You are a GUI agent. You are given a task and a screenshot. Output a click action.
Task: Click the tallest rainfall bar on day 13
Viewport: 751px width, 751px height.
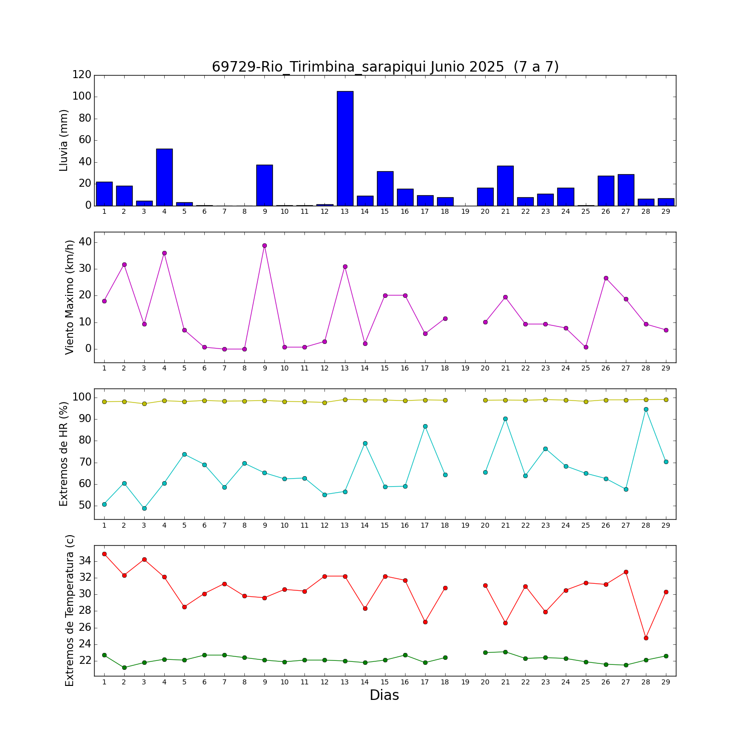[x=345, y=148]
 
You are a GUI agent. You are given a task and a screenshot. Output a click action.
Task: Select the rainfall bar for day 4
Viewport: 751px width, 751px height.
[x=164, y=177]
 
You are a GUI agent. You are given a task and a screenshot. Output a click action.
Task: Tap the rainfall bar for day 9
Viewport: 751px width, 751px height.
[x=264, y=185]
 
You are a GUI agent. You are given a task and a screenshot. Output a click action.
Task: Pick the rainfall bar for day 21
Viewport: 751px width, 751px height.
[x=505, y=186]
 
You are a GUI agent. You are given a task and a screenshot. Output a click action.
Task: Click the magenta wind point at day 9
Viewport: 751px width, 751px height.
[x=264, y=245]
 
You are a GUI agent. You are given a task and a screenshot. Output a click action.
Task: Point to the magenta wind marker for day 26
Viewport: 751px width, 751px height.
[x=606, y=278]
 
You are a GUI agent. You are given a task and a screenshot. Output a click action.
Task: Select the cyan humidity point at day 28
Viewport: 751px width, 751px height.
[x=646, y=409]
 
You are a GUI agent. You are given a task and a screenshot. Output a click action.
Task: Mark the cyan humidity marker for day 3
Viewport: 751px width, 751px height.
[x=144, y=508]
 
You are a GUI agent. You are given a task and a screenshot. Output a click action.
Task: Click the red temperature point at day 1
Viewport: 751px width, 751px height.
[x=104, y=554]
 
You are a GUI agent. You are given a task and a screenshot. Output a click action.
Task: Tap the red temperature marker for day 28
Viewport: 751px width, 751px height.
[x=646, y=638]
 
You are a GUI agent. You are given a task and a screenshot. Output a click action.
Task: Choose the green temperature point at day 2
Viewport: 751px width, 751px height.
[x=124, y=667]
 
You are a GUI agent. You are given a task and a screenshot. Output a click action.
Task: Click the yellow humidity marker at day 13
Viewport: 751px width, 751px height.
[x=345, y=400]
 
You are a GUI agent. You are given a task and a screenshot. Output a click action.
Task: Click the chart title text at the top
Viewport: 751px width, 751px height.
[x=385, y=67]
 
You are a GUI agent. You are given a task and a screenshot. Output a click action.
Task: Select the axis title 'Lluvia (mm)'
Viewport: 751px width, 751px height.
[x=64, y=140]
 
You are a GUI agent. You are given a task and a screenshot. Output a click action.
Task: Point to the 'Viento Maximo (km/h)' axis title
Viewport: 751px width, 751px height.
[x=70, y=297]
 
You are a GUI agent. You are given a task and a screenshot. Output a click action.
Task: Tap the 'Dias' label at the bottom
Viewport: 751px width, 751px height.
[x=384, y=695]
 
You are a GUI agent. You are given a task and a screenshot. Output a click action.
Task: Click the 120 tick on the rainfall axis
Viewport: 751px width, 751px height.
[x=82, y=75]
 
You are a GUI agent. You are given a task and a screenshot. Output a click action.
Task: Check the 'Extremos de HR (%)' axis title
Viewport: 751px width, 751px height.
[x=64, y=454]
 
